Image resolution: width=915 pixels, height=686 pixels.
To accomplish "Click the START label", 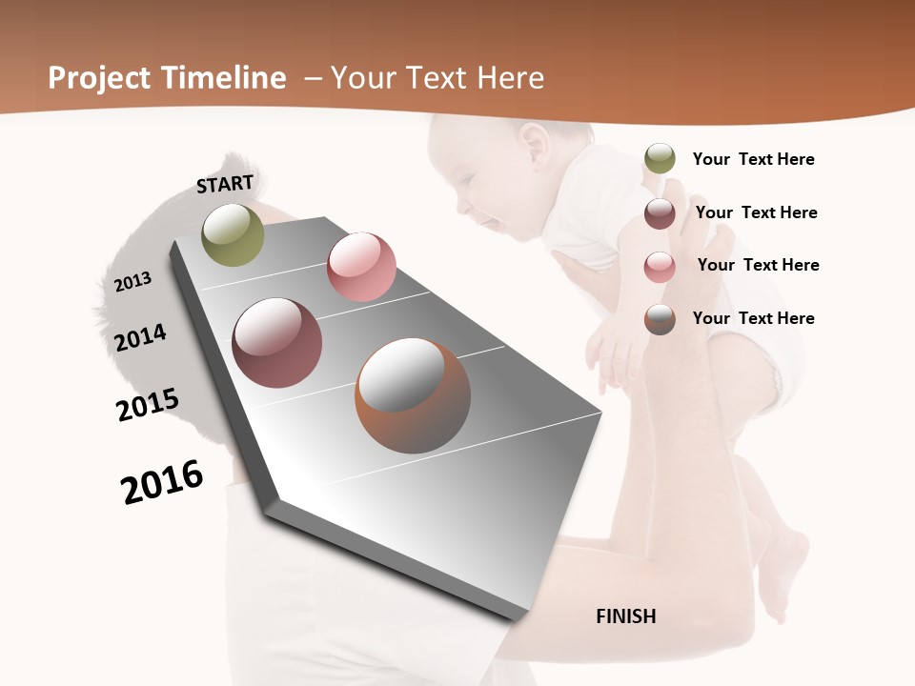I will coord(225,183).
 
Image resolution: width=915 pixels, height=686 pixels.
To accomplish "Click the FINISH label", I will coord(626,616).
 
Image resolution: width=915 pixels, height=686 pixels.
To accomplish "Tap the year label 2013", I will coord(132,281).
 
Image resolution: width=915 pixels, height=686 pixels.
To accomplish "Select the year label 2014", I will coord(140,337).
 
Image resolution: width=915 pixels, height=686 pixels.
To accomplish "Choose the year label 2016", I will coord(162,482).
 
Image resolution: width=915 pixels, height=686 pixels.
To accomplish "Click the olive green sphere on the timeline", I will coord(234,234).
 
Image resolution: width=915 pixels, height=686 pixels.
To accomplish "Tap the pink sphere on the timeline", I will coord(361,267).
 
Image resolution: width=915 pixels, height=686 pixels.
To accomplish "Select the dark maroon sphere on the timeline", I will coord(277,343).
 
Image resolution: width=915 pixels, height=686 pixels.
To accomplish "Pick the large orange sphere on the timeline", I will coord(413,395).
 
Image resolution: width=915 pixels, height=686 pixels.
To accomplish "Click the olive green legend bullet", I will coord(660,159).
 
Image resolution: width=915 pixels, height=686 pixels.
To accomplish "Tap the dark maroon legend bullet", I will coord(660,213).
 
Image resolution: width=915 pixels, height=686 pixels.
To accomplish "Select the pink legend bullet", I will coord(660,267).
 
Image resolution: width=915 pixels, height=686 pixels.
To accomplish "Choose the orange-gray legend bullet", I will coord(660,319).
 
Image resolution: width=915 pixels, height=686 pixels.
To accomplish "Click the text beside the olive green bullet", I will coord(753,159).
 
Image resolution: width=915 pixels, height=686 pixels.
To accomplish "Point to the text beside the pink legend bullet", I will coord(758,265).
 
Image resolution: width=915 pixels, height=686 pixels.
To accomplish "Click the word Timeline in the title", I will coord(224,78).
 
